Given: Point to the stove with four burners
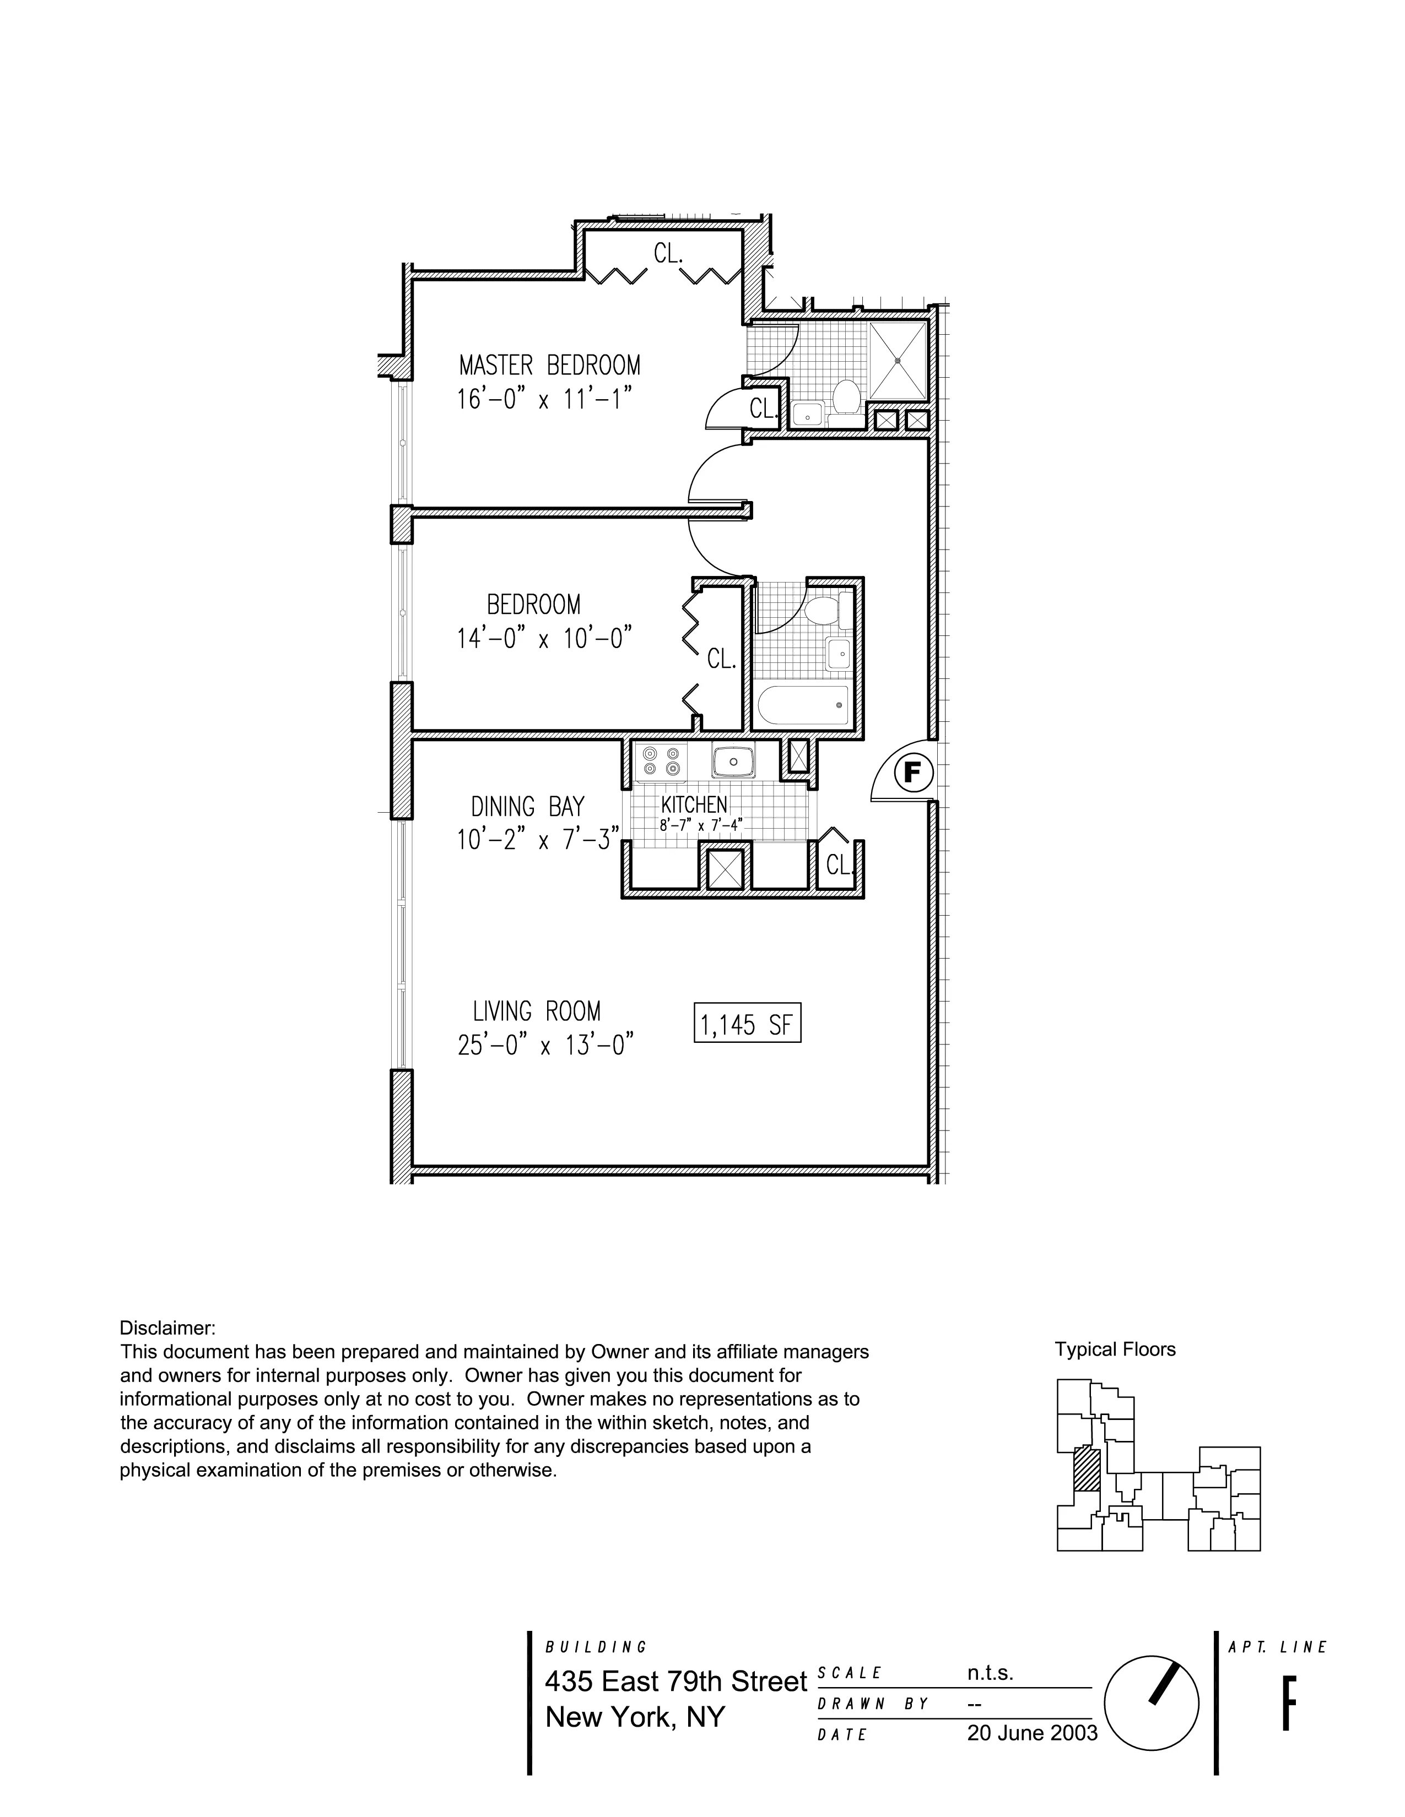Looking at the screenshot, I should point(661,762).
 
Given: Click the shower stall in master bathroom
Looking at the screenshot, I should point(897,360).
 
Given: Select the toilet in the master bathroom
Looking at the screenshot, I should point(846,396).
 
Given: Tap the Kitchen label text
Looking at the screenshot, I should point(694,804).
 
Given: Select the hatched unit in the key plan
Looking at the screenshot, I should point(1086,1469).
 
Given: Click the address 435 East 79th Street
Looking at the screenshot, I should point(676,1682).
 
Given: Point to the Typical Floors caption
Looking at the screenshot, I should point(1115,1350).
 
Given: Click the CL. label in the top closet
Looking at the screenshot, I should point(668,254).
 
